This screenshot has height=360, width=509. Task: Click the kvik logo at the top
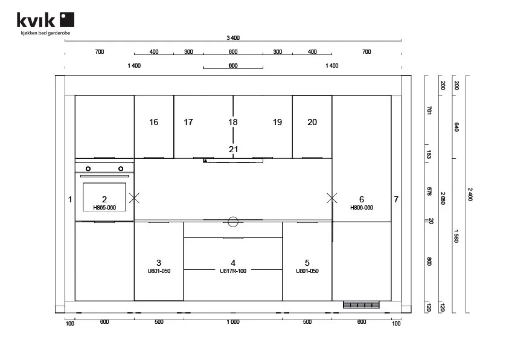pos(45,20)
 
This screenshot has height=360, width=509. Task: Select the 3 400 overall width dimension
pos(232,37)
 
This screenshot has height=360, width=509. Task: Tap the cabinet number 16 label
pos(153,122)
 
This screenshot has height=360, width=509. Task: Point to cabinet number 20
pos(312,122)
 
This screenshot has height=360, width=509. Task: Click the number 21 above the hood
pos(233,149)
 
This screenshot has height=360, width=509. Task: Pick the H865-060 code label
pos(104,208)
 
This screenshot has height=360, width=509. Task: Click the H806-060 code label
pos(362,208)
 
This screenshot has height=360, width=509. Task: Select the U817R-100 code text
pos(233,271)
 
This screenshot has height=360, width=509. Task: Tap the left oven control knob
pos(88,169)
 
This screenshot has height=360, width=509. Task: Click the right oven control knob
pos(121,169)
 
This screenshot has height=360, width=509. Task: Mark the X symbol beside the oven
pos(134,198)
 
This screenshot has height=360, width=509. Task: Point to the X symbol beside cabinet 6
pos(331,198)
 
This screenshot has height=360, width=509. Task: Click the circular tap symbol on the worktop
pos(233,222)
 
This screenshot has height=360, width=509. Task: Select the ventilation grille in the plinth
pos(361,305)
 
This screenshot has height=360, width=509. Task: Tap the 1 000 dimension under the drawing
pos(233,322)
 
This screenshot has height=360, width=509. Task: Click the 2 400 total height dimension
pos(470,194)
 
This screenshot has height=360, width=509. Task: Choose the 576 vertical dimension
pos(429,191)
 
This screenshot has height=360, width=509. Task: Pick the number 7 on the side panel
pos(396,199)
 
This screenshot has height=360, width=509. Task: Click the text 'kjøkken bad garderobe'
pos(45,33)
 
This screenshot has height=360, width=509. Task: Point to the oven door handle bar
pos(104,176)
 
